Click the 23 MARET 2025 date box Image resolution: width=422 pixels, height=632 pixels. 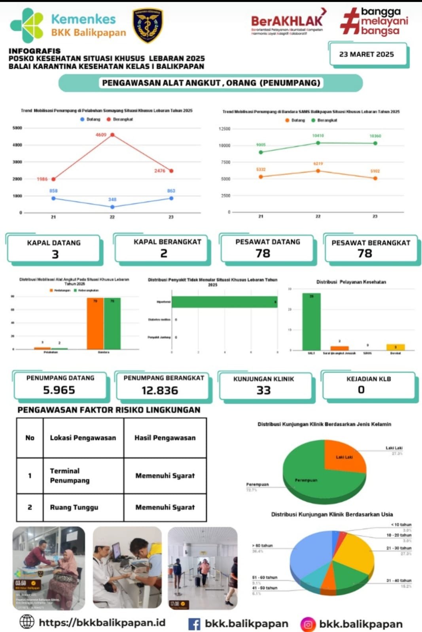367,55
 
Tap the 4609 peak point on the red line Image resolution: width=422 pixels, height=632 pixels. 112,135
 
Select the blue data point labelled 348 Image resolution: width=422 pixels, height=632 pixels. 112,207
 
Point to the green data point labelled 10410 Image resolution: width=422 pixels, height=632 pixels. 318,143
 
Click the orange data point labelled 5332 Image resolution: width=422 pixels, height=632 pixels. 261,177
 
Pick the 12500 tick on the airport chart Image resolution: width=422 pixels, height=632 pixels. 224,129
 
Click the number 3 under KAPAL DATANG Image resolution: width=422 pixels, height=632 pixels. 55,254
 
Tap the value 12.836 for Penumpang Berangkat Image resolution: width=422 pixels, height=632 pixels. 160,390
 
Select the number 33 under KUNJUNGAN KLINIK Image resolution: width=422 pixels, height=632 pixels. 263,390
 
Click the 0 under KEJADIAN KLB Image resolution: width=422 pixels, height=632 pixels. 361,390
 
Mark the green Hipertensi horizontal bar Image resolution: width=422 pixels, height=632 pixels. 224,302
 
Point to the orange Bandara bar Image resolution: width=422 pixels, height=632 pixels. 95,324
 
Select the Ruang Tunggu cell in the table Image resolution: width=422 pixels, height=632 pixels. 74,507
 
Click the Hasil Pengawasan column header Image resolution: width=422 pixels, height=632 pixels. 165,438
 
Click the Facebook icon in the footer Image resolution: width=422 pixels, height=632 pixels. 194,624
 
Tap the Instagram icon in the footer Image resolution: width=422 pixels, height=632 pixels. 308,624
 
